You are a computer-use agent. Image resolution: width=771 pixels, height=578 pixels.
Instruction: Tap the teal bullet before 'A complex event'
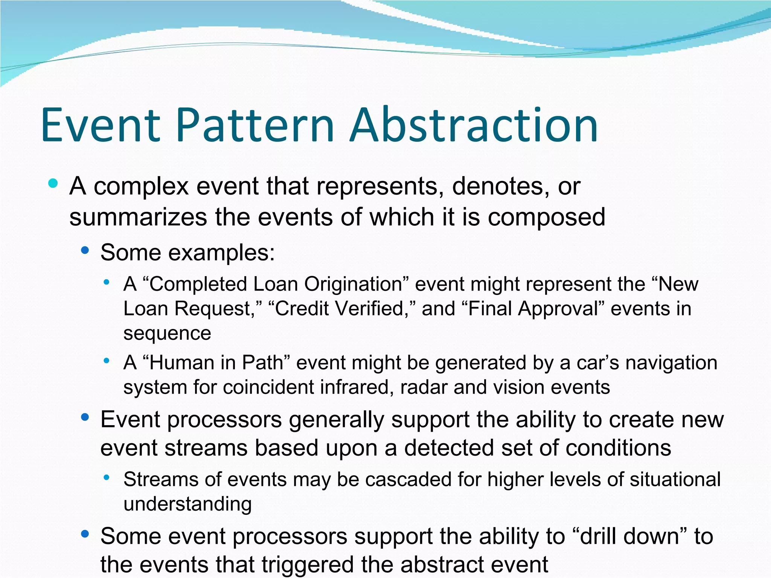[53, 184]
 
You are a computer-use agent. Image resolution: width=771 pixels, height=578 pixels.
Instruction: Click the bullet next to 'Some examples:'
[85, 250]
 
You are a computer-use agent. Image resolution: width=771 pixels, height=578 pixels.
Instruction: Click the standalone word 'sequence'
[167, 333]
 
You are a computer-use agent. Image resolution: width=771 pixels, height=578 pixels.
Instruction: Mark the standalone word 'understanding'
[187, 504]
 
